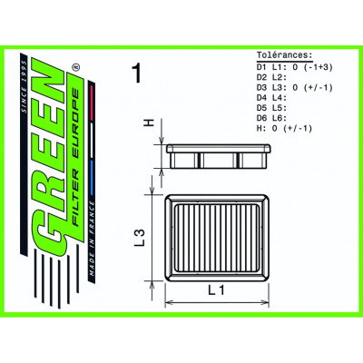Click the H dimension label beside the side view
coord(149,123)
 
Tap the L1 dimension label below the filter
coord(212,289)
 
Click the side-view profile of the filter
coord(214,156)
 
